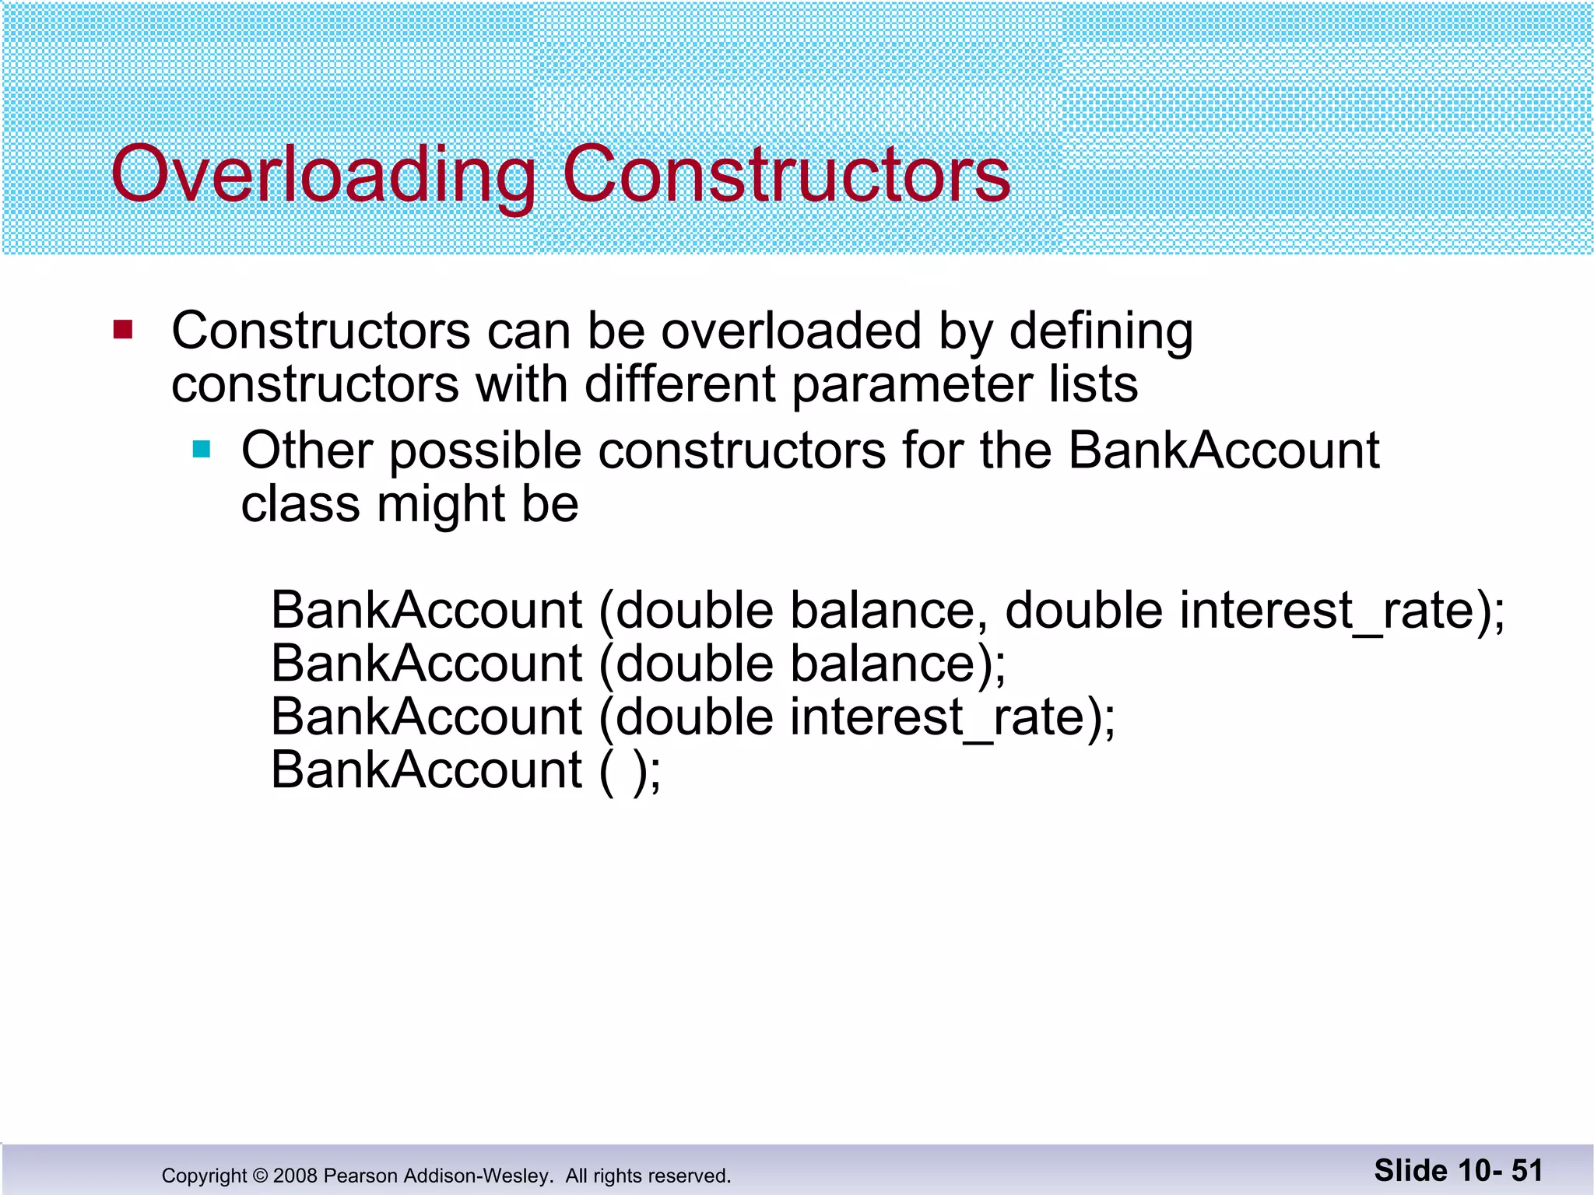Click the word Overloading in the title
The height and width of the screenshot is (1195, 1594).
coord(323,175)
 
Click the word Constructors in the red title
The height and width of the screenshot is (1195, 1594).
coord(786,175)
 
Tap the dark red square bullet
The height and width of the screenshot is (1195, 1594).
coord(123,330)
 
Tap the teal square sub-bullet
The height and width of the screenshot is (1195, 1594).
coord(202,449)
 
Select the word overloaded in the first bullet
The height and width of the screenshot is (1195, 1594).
coord(791,331)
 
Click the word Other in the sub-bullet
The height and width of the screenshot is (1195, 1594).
coord(307,451)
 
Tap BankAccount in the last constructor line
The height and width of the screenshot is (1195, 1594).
coord(427,771)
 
